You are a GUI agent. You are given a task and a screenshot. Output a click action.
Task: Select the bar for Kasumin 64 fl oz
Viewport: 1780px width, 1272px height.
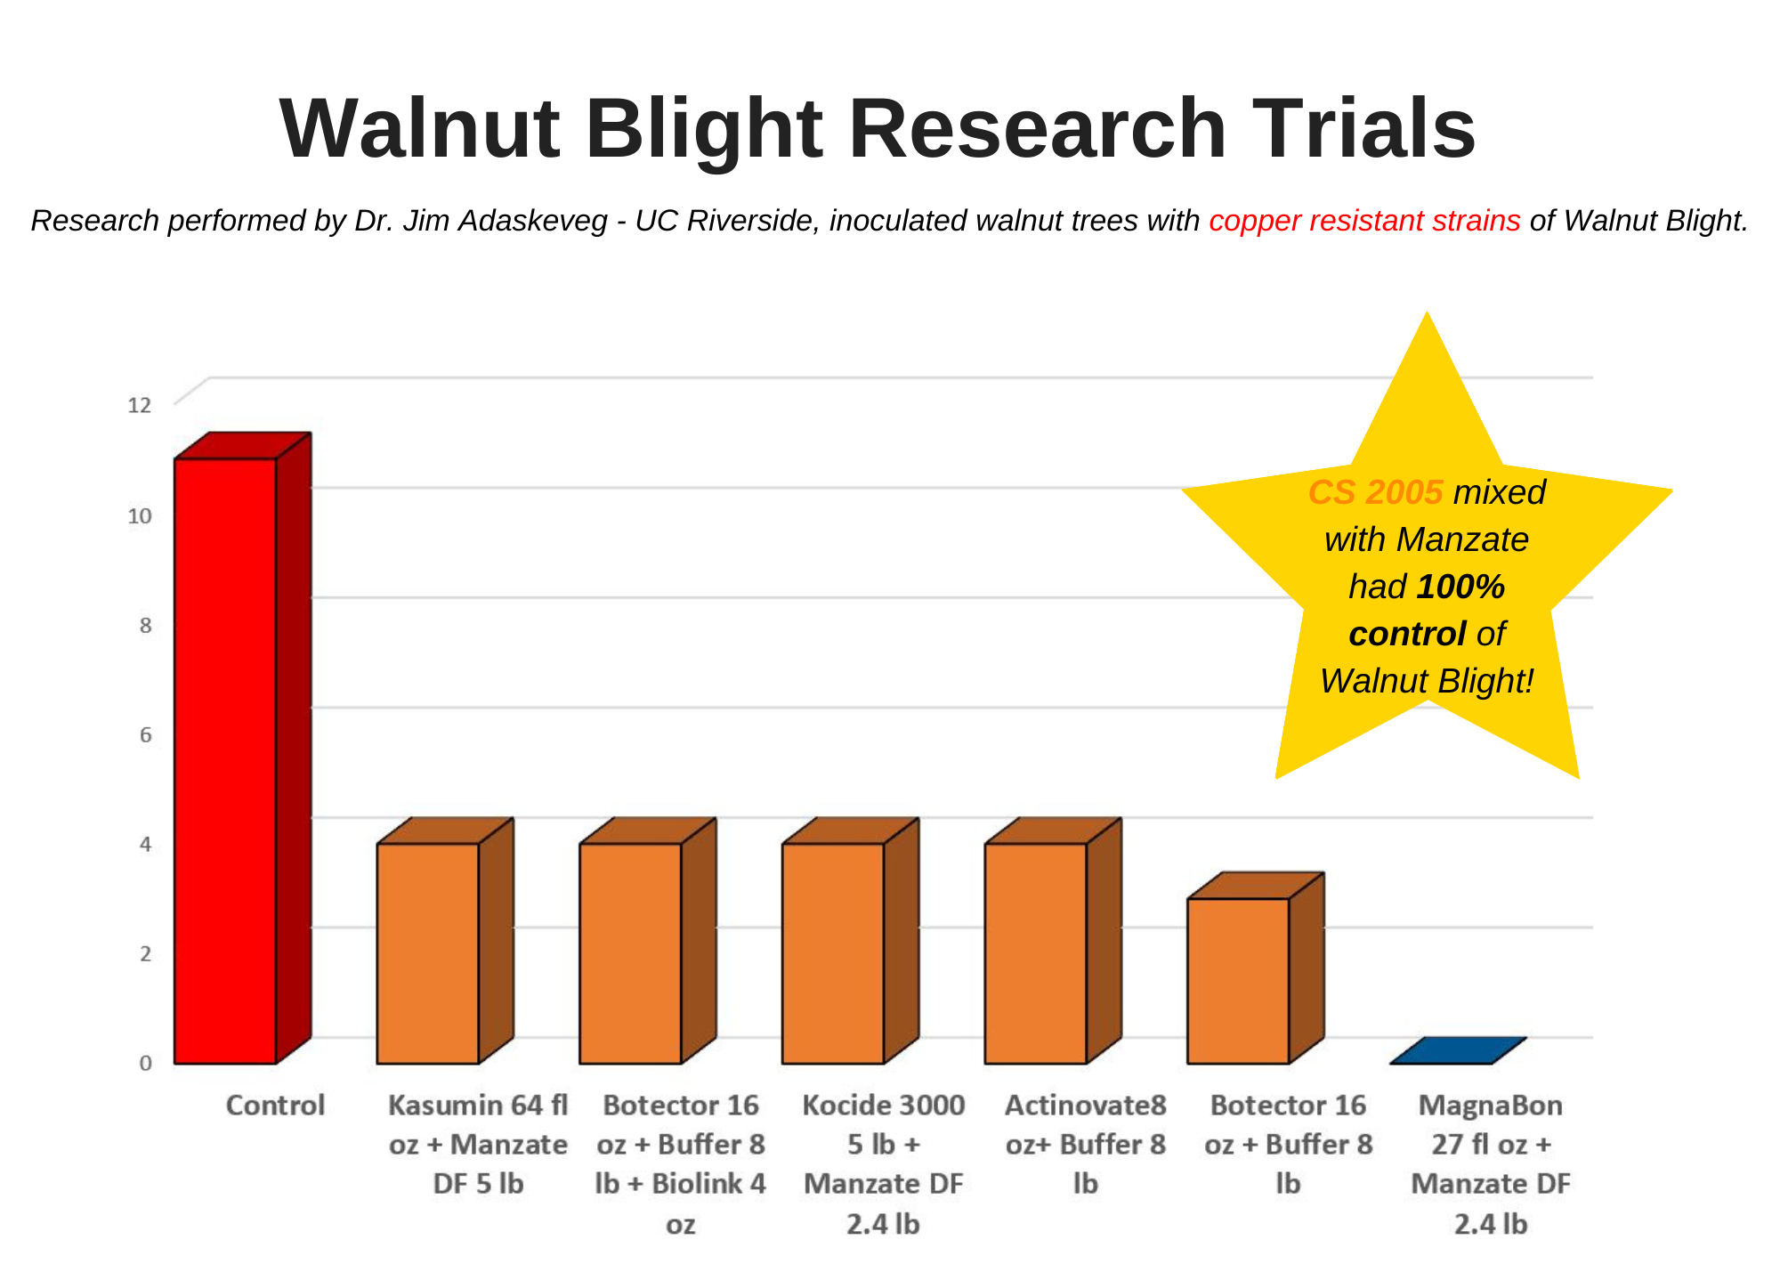[428, 952]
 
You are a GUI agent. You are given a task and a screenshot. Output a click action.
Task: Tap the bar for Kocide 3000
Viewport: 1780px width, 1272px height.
[833, 952]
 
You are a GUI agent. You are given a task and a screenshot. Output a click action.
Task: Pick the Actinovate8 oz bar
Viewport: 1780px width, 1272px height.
[1036, 952]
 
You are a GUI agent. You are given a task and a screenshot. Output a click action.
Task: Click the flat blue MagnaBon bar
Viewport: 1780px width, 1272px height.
[1458, 1051]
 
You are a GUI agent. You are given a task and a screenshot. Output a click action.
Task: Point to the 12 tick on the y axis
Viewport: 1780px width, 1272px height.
[140, 406]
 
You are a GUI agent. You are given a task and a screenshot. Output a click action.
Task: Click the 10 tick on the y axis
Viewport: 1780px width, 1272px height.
[140, 516]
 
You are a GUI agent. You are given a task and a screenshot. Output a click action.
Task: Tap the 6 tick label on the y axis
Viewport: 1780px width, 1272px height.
[145, 735]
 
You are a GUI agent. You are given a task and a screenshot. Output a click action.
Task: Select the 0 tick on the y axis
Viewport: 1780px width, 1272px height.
[145, 1063]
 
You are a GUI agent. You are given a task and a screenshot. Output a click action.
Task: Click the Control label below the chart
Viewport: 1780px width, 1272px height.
[275, 1106]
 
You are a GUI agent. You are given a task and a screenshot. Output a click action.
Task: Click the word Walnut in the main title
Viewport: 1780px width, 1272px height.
[418, 129]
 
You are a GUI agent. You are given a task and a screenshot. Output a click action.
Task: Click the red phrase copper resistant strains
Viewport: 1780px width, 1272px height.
[1364, 221]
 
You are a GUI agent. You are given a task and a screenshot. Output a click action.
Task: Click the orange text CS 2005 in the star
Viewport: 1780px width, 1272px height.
[1375, 492]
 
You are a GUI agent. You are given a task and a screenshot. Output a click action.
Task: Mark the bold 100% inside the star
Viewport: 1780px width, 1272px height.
[1460, 587]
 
